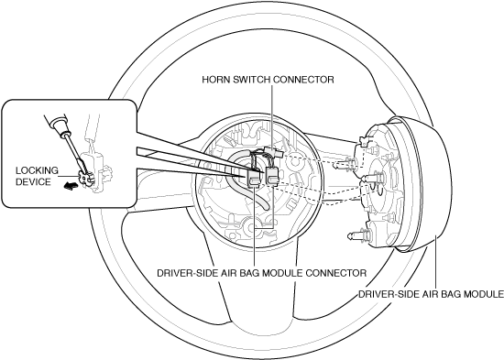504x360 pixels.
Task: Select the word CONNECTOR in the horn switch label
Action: (x=303, y=80)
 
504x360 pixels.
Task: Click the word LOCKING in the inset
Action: (x=37, y=170)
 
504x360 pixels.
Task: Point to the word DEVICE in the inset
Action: (x=33, y=182)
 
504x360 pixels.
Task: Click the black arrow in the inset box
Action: (x=71, y=186)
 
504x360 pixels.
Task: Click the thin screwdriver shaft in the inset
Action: (x=76, y=153)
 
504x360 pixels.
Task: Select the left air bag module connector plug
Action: (x=254, y=179)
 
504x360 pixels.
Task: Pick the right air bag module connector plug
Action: (x=271, y=176)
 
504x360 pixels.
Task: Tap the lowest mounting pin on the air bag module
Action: (x=357, y=236)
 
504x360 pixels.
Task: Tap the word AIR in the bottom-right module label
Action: (x=432, y=294)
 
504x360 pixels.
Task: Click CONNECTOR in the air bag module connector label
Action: (x=336, y=273)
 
